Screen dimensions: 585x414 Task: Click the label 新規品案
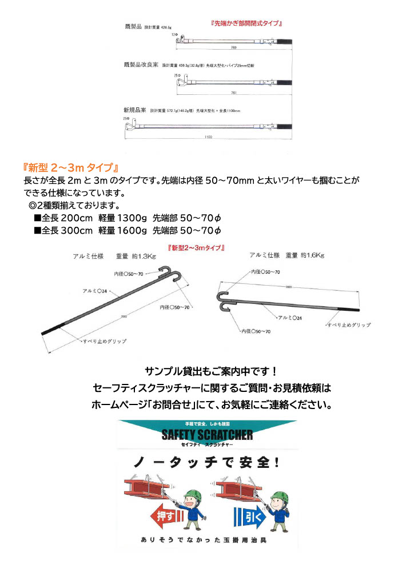134,109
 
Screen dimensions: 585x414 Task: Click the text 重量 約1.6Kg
305,255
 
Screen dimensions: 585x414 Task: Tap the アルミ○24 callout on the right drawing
291,316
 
